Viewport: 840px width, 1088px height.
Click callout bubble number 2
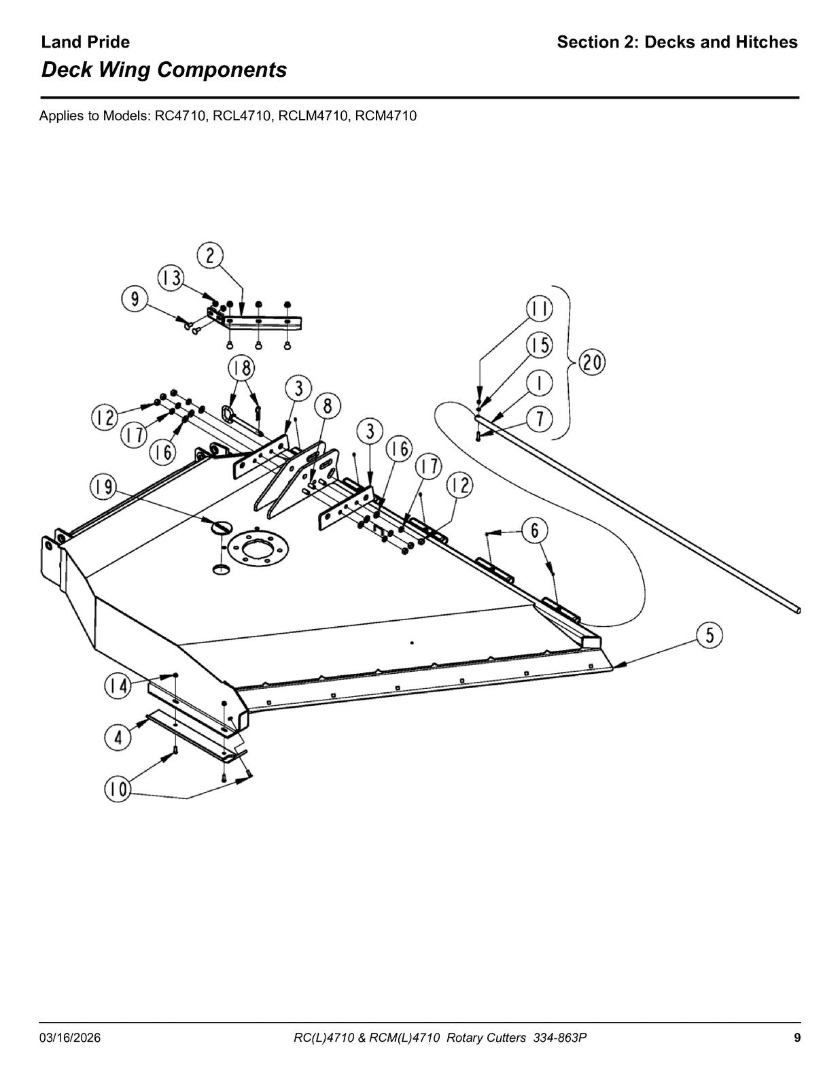[209, 256]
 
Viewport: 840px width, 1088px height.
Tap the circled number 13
[171, 278]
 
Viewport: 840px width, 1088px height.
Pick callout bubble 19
[103, 487]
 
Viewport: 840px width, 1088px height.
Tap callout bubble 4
[118, 738]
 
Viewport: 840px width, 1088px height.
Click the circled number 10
[117, 789]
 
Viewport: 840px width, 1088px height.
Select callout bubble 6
[535, 530]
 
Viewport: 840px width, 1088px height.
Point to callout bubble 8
[327, 406]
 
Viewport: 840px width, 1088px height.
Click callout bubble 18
[242, 369]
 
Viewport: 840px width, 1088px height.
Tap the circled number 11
[540, 309]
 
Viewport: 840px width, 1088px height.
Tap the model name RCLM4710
[313, 116]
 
